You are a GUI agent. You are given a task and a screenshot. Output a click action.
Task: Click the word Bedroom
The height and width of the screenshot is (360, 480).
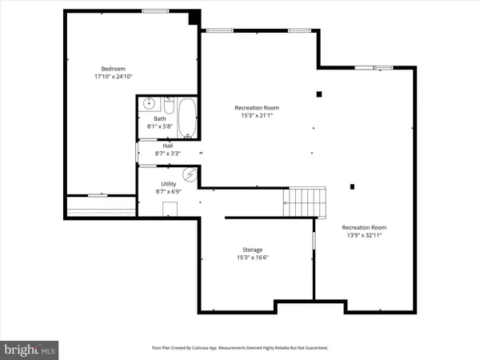pyautogui.click(x=113, y=69)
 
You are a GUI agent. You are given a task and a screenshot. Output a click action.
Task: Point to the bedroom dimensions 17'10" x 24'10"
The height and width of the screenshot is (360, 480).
pyautogui.click(x=113, y=77)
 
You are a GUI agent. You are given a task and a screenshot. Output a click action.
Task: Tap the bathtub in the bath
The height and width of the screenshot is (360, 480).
pyautogui.click(x=188, y=118)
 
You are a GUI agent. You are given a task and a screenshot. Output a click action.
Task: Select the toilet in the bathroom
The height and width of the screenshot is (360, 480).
pyautogui.click(x=169, y=104)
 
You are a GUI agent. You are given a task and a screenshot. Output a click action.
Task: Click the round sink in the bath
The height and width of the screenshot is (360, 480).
pyautogui.click(x=149, y=104)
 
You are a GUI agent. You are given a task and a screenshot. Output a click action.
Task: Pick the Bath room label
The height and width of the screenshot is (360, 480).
pyautogui.click(x=160, y=119)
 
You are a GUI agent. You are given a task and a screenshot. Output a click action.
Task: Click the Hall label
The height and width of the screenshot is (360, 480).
pyautogui.click(x=168, y=146)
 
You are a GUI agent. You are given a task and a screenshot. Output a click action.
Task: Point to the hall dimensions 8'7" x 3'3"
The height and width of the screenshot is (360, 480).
pyautogui.click(x=168, y=153)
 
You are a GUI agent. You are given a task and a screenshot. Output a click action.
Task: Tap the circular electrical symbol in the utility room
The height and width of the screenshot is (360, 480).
pyautogui.click(x=190, y=174)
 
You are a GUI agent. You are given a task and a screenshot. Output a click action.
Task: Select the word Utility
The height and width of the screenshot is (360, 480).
pyautogui.click(x=169, y=184)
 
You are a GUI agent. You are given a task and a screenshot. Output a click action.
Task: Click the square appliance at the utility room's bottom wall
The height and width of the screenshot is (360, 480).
pyautogui.click(x=170, y=210)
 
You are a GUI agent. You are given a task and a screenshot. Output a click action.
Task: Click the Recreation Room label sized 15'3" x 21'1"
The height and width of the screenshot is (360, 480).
pyautogui.click(x=256, y=108)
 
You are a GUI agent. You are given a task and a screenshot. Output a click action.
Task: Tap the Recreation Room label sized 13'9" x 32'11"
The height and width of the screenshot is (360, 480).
pyautogui.click(x=364, y=227)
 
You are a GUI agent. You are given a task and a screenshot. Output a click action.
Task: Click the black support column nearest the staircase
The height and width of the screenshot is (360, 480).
pyautogui.click(x=353, y=187)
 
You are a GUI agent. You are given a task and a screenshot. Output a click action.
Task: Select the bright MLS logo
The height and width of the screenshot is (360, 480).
pyautogui.click(x=30, y=349)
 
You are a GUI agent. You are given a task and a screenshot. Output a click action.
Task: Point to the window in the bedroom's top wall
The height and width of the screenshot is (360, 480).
pyautogui.click(x=154, y=10)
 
